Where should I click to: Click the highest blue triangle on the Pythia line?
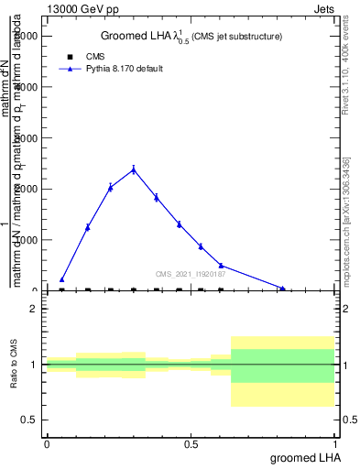(134, 169)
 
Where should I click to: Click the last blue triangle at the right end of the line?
(282, 289)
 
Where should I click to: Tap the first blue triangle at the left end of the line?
(61, 279)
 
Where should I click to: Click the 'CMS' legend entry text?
(95, 57)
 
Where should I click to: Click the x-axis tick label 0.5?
(191, 443)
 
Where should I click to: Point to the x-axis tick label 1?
(336, 443)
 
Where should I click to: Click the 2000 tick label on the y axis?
(27, 189)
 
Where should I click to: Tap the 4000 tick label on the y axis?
(27, 86)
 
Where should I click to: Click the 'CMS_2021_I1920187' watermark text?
(190, 273)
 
